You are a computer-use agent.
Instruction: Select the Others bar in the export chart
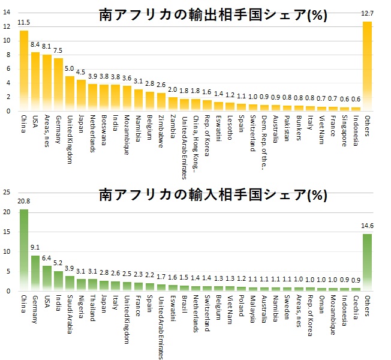tap(367, 66)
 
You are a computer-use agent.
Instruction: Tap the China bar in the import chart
tap(24, 250)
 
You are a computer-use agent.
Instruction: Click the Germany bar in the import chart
tap(35, 273)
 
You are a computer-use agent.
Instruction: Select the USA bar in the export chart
tap(35, 82)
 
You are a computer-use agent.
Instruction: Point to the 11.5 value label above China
tap(24, 23)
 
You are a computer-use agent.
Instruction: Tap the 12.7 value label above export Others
tap(367, 14)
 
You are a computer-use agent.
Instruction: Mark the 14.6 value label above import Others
tap(367, 227)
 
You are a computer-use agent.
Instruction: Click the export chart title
tap(213, 16)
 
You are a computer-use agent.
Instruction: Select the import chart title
tap(213, 195)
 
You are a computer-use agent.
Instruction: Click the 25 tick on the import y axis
tap(7, 193)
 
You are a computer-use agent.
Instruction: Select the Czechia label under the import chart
tap(355, 307)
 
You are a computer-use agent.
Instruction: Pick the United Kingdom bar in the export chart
tap(70, 94)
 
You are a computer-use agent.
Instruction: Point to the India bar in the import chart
tap(58, 281)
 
